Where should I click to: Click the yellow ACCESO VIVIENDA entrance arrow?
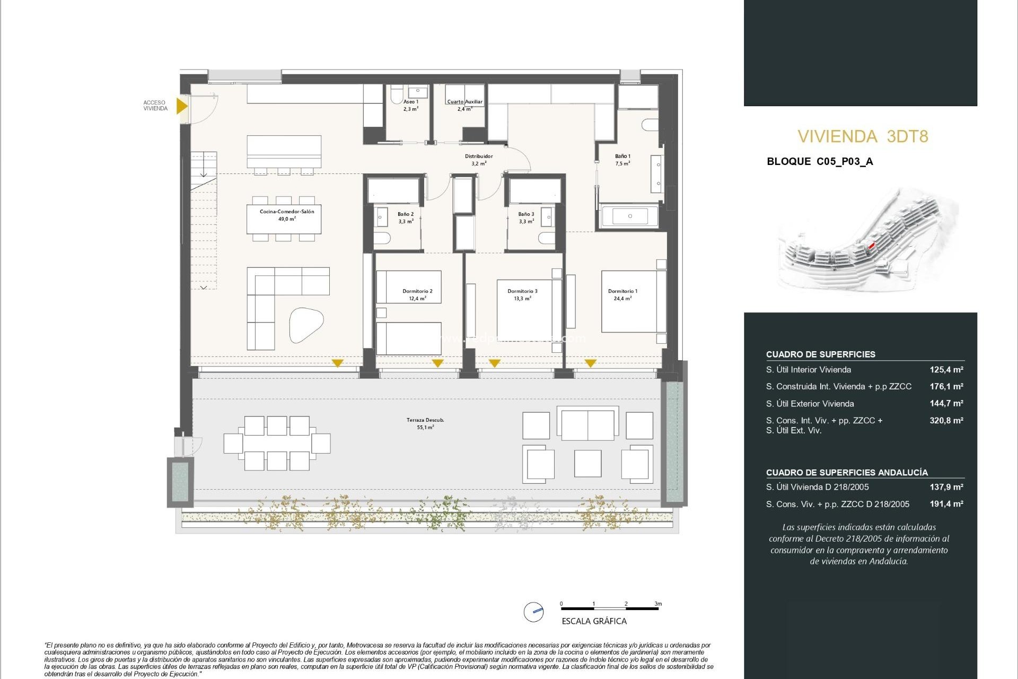[x=181, y=106]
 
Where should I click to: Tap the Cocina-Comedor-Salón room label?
[x=286, y=215]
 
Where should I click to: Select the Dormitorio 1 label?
[x=622, y=294]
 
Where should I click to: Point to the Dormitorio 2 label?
[x=417, y=294]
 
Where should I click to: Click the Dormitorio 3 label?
[x=522, y=294]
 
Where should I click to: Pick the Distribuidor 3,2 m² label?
[x=478, y=160]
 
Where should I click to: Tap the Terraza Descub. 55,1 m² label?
[x=425, y=423]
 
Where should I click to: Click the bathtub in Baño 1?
[x=630, y=216]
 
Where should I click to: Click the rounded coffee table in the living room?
[x=306, y=324]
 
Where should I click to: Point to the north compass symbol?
[x=533, y=612]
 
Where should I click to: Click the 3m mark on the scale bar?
[x=657, y=604]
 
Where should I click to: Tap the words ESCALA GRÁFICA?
[x=594, y=621]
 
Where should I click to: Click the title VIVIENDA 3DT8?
[x=863, y=136]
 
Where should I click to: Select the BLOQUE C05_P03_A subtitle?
[x=820, y=161]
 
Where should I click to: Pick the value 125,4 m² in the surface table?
[x=946, y=370]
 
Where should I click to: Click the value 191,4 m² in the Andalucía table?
[x=946, y=504]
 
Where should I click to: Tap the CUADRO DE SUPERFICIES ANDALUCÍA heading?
[x=847, y=472]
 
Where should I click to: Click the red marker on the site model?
[x=871, y=246]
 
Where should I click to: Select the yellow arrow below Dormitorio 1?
[x=590, y=363]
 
